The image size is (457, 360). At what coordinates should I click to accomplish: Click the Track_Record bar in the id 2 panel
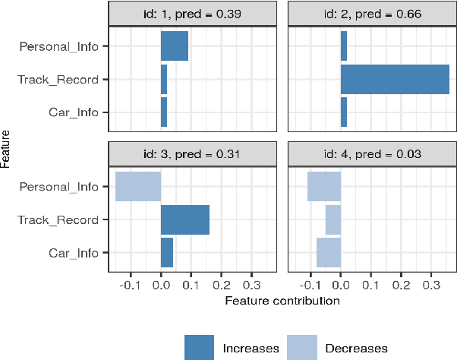coord(395,79)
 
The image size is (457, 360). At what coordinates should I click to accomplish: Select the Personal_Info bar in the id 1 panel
coord(175,46)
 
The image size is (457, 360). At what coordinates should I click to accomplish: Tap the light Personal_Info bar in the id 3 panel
coord(138,186)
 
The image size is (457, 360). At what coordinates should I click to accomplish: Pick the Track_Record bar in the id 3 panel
coord(184,219)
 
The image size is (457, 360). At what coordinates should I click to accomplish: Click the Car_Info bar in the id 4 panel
coord(328,253)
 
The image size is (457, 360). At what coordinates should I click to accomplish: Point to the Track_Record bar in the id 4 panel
coord(333,219)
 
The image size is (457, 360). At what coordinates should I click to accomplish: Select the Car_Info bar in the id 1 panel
coord(164,112)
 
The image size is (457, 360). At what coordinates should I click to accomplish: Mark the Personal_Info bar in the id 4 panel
coord(323,186)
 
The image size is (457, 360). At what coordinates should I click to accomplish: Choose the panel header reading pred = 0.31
coord(197,153)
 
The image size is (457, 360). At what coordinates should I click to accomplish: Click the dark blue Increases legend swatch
coord(200,347)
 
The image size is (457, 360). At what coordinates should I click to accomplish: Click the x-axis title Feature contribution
coord(282,301)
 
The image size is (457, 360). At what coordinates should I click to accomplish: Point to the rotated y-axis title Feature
coord(6,149)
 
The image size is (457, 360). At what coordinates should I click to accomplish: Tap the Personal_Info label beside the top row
coord(59,46)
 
